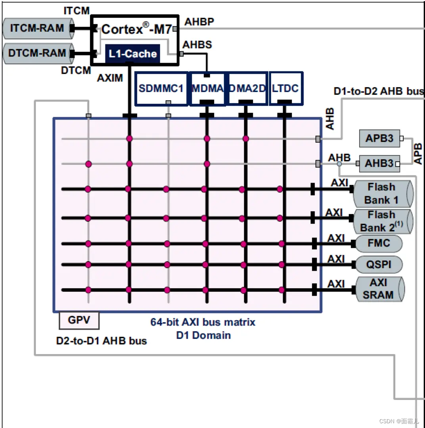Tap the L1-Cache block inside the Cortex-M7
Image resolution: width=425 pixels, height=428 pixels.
point(133,54)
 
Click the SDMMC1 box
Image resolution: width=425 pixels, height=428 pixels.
point(161,88)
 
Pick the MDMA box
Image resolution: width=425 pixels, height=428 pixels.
point(207,88)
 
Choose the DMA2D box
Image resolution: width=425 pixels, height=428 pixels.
point(247,88)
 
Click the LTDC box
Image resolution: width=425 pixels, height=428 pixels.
point(285,88)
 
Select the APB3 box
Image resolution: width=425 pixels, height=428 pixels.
point(379,138)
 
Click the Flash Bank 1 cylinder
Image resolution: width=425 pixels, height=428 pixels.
point(381,193)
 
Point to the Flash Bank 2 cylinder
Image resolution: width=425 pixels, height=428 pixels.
point(381,221)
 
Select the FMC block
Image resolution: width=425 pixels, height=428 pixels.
point(379,243)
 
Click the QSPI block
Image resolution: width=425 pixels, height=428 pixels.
point(379,264)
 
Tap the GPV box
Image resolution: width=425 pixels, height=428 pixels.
point(79,320)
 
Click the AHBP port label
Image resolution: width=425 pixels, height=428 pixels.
point(199,22)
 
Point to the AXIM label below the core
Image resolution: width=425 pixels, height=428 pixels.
point(110,78)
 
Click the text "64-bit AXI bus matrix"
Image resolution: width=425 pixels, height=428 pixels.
point(203,322)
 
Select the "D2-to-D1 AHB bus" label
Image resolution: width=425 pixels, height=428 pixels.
point(101,341)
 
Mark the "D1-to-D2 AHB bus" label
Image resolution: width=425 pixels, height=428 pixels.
point(379,92)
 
